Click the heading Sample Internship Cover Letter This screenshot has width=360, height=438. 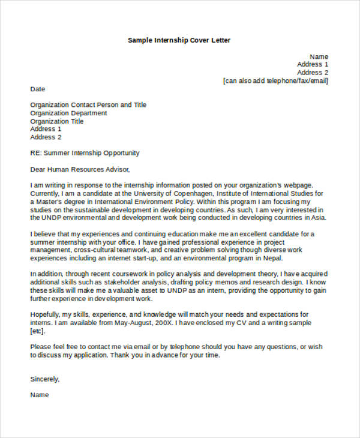tap(179, 40)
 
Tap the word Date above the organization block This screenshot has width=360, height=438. tap(38, 89)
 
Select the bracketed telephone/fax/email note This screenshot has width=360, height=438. tap(275, 81)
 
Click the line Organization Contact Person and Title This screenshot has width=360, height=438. tap(88, 105)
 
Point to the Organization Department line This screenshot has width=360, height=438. tap(69, 113)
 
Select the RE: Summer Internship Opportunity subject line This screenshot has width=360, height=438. tap(85, 153)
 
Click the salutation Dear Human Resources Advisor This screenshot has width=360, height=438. tap(80, 169)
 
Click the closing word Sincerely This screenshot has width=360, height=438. tap(45, 379)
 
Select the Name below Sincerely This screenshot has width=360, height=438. tap(40, 395)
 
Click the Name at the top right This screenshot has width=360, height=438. tap(319, 56)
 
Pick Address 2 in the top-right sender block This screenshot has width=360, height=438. tap(313, 73)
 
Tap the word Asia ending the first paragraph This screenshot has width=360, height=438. tap(319, 218)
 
